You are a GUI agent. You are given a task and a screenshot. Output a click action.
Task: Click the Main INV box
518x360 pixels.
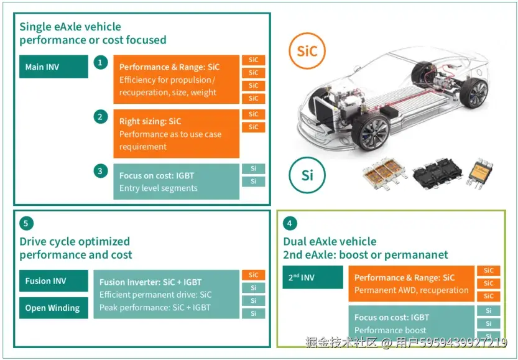[53, 67]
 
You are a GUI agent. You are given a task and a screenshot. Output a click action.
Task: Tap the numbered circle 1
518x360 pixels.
[101, 62]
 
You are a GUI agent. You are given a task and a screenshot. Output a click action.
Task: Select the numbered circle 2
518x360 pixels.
[101, 116]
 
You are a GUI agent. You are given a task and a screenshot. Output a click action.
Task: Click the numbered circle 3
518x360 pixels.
[101, 170]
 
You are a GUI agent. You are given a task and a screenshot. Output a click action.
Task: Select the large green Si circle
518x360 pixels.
[307, 175]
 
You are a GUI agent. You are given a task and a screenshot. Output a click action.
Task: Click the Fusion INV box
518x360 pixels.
[53, 281]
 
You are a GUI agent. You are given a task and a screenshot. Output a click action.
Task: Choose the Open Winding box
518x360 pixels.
[53, 308]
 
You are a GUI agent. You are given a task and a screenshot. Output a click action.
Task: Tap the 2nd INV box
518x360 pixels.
[312, 277]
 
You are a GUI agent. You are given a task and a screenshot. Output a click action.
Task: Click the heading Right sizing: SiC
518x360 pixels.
[150, 121]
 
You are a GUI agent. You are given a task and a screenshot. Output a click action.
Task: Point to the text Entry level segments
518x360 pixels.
[158, 188]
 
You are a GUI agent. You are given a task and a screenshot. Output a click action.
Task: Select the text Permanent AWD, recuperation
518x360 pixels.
[411, 290]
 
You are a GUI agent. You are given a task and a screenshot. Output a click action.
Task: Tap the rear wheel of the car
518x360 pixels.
[476, 94]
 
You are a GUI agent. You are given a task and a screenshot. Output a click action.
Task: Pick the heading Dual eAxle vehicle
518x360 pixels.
[330, 241]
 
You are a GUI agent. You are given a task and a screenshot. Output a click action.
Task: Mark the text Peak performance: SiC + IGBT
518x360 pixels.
[155, 307]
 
